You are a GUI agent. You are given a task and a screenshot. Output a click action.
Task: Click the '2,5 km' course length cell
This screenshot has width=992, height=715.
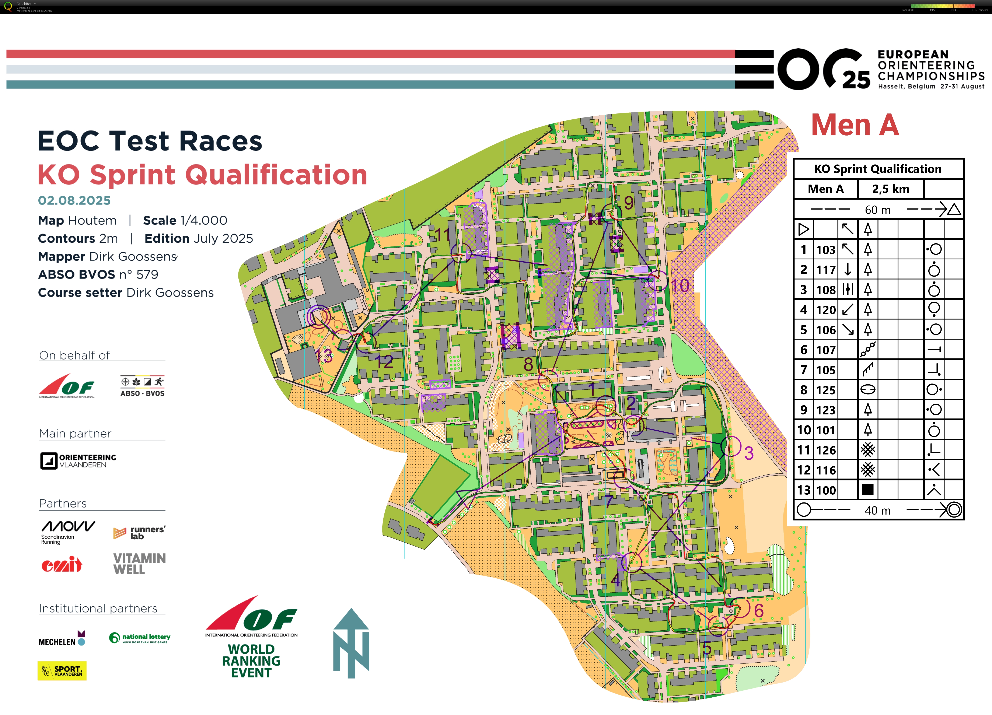(891, 189)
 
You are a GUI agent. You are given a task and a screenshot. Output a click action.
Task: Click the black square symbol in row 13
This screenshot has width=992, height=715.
(868, 490)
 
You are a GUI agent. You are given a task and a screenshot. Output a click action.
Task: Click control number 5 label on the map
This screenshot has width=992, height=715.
(707, 648)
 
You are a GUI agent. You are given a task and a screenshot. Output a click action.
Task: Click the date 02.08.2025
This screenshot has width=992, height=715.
(74, 200)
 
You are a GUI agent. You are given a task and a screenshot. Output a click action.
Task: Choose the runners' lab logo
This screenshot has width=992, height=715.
(139, 533)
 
